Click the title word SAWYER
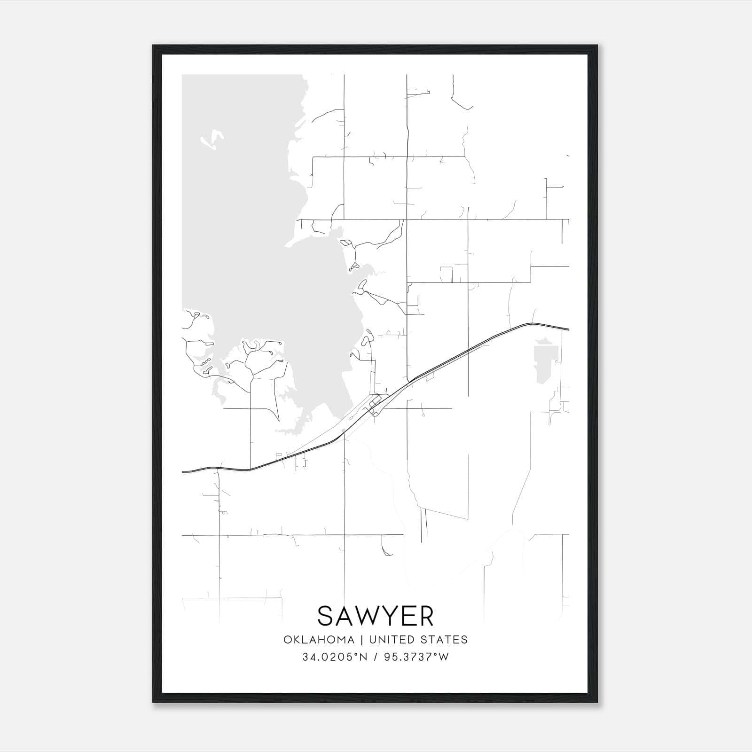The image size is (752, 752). pyautogui.click(x=375, y=616)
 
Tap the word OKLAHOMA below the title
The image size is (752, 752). pyautogui.click(x=318, y=640)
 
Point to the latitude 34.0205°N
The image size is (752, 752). pyautogui.click(x=334, y=657)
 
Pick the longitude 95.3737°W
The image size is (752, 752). pyautogui.click(x=416, y=657)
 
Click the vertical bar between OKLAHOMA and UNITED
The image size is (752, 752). pyautogui.click(x=362, y=640)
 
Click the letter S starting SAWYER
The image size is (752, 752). pyautogui.click(x=327, y=616)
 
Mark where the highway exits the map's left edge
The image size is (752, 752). pyautogui.click(x=183, y=471)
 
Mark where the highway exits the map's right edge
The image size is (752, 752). pyautogui.click(x=568, y=329)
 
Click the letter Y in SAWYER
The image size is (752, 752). pyautogui.click(x=393, y=616)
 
